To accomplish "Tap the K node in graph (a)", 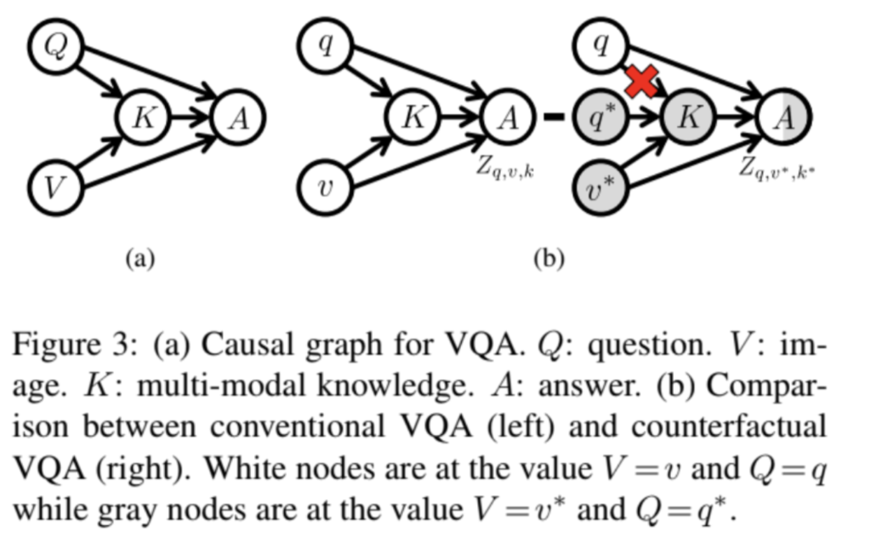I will pyautogui.click(x=142, y=117).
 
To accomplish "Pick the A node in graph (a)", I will pyautogui.click(x=238, y=117).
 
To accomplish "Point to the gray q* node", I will pyautogui.click(x=601, y=117).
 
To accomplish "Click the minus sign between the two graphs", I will pyautogui.click(x=553, y=117).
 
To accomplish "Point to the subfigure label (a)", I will pyautogui.click(x=140, y=258).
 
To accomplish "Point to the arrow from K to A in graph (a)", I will pyautogui.click(x=190, y=117).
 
